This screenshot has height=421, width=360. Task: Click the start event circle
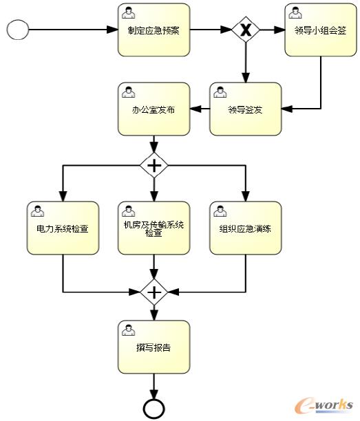pos(17,30)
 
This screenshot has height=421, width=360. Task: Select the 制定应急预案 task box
pos(153,30)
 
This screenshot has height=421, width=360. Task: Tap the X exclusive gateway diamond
pos(245,30)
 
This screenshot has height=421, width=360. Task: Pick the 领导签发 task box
pos(245,109)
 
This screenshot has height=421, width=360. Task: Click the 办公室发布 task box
pos(153,109)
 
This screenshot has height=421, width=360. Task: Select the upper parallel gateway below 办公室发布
pos(153,165)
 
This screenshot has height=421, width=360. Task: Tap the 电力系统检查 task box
pos(63,227)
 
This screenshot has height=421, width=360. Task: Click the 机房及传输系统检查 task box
pos(153,227)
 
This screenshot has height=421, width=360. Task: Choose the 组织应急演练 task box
pos(245,227)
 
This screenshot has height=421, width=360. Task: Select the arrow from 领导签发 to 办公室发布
pos(199,109)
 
